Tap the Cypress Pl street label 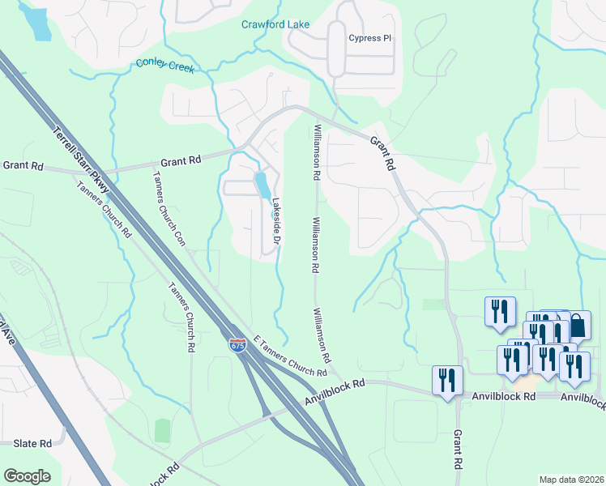[369, 38]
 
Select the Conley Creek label [165, 65]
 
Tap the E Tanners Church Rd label [289, 356]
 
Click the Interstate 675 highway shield [237, 345]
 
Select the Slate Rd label [32, 444]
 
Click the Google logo [27, 476]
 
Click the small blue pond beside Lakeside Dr [262, 185]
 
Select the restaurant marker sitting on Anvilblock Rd [447, 381]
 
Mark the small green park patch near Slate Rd [163, 430]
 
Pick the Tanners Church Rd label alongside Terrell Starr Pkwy [104, 207]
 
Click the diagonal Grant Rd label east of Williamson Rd [382, 152]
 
